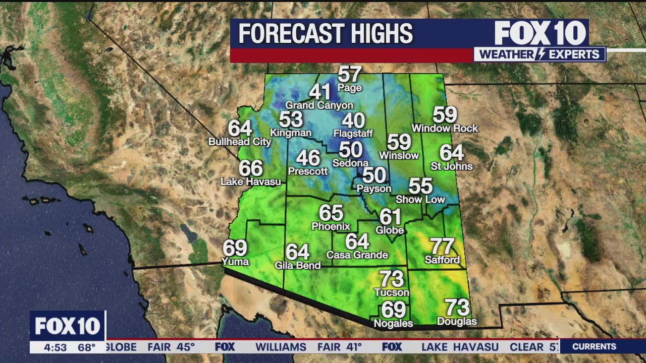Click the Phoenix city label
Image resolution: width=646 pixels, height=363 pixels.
(331, 226)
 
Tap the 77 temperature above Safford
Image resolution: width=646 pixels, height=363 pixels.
(442, 247)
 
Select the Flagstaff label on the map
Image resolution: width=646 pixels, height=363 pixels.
(353, 134)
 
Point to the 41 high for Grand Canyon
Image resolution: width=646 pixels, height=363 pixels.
(319, 92)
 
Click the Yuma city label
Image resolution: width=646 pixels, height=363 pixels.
(235, 261)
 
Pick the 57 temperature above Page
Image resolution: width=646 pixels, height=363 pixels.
(349, 75)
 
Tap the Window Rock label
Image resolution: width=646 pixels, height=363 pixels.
(445, 129)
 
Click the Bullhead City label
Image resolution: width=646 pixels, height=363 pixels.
(240, 142)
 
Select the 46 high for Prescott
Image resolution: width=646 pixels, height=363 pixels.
(308, 158)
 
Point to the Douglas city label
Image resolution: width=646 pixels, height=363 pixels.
(457, 321)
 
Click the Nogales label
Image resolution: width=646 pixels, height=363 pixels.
(393, 323)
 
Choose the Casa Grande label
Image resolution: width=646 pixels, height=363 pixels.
(357, 255)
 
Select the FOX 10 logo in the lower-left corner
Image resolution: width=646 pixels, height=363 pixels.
(68, 326)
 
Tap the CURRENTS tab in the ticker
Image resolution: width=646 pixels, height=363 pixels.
(594, 346)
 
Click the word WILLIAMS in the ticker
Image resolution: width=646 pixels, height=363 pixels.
(281, 347)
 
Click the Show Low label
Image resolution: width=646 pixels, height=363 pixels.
(420, 200)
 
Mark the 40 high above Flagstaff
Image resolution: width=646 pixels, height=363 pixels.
(353, 121)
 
